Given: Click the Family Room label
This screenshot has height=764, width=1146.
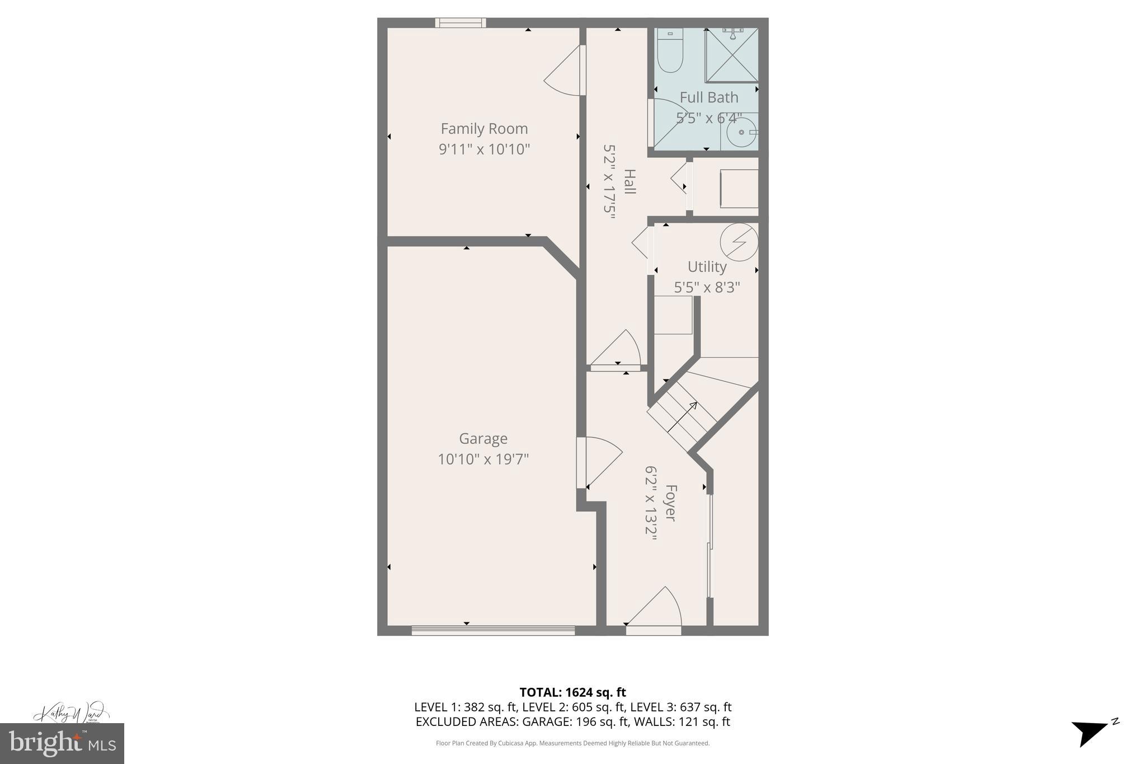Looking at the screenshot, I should pyautogui.click(x=484, y=129).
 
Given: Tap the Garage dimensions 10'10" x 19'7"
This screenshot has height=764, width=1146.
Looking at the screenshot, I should pyautogui.click(x=483, y=460).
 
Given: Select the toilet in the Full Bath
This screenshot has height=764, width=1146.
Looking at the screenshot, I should pyautogui.click(x=670, y=50).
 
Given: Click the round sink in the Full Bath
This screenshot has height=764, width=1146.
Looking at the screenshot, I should pyautogui.click(x=741, y=133).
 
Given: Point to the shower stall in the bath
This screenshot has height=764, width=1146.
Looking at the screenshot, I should pyautogui.click(x=732, y=55).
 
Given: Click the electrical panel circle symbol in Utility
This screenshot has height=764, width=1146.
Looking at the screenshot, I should pyautogui.click(x=739, y=242).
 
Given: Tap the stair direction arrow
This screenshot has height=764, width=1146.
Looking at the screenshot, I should pyautogui.click(x=683, y=417).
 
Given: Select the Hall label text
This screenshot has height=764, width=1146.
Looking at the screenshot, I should pyautogui.click(x=630, y=182).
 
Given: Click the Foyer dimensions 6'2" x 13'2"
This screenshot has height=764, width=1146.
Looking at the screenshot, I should pyautogui.click(x=651, y=503).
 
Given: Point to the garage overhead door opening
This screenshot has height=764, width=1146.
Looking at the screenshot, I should pyautogui.click(x=493, y=630).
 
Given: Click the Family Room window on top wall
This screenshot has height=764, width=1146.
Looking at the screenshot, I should pyautogui.click(x=461, y=23).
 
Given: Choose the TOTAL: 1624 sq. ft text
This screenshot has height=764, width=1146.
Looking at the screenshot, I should pyautogui.click(x=572, y=692).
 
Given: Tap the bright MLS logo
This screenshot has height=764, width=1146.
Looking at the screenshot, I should pyautogui.click(x=62, y=743).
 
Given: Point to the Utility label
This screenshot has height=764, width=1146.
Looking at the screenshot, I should pyautogui.click(x=707, y=267).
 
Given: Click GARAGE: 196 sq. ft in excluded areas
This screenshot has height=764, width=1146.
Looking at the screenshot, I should pyautogui.click(x=575, y=722).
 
